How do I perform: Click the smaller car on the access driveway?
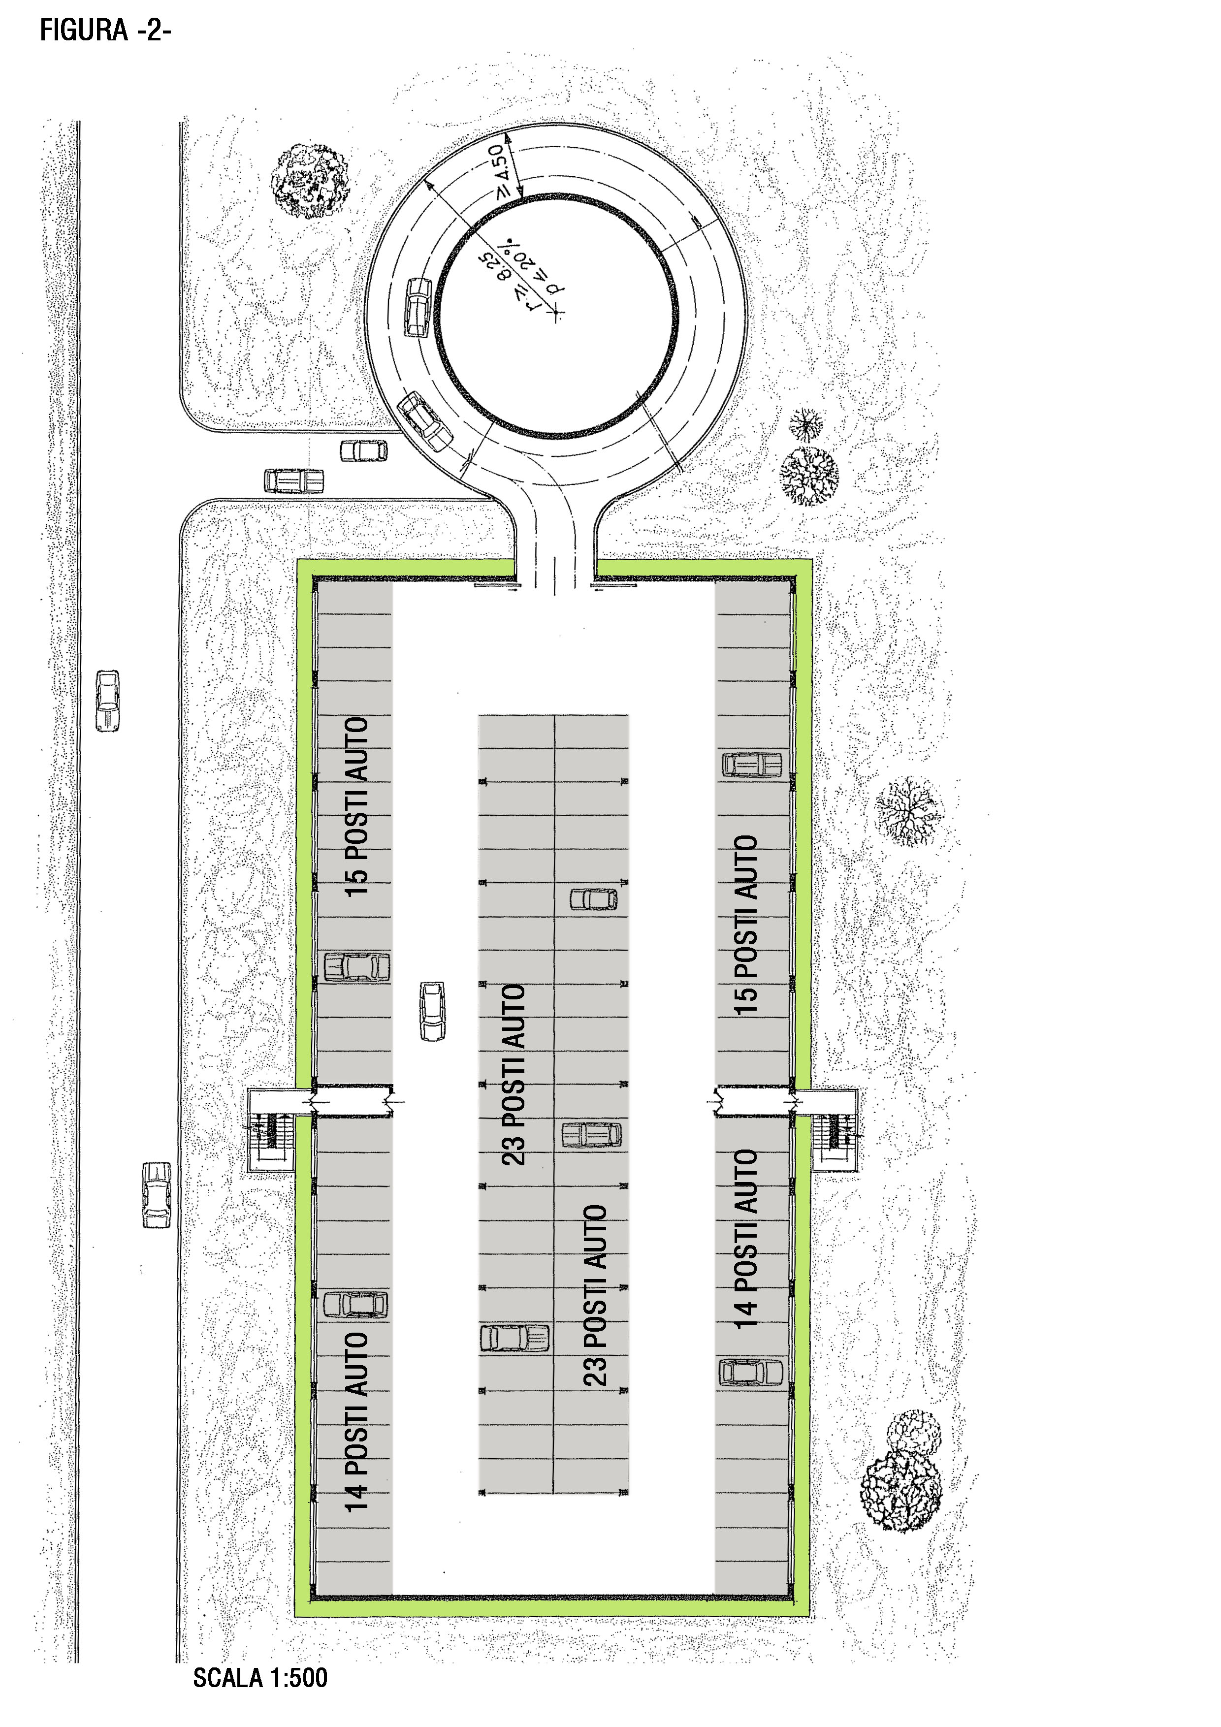click(364, 450)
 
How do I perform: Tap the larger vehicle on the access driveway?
click(294, 480)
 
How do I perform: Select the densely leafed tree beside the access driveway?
click(310, 181)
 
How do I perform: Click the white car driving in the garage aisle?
click(433, 1011)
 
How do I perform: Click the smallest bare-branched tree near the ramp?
click(806, 425)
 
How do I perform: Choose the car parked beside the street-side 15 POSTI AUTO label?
click(356, 966)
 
